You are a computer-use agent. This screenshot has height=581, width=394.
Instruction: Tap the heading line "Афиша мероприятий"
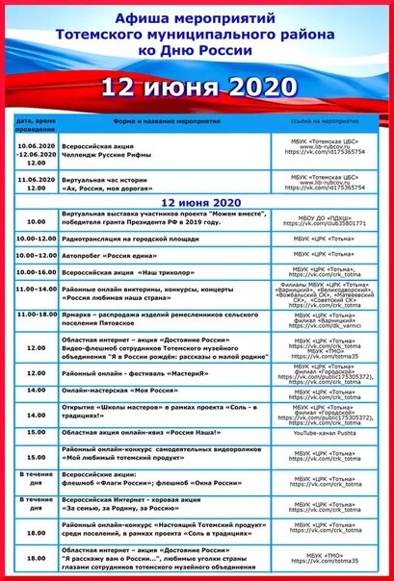(x=196, y=17)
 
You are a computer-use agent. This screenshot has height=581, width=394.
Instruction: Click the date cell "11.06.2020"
(x=36, y=179)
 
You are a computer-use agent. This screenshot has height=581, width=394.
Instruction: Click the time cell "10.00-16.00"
(x=36, y=272)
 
